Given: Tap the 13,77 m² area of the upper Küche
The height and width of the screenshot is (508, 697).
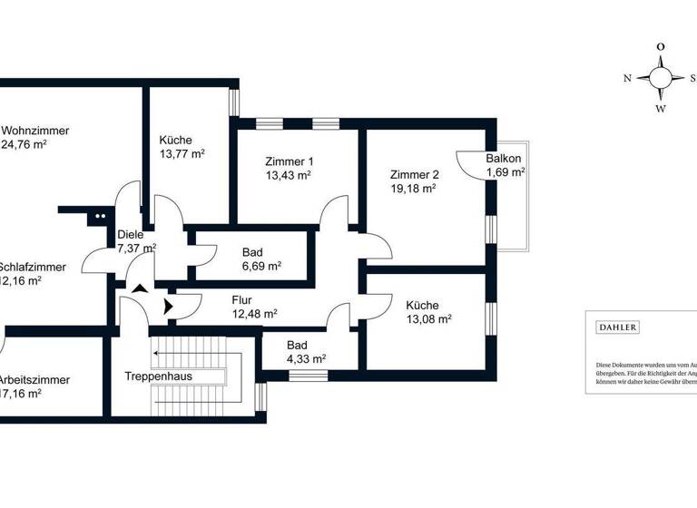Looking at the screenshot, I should (x=182, y=155).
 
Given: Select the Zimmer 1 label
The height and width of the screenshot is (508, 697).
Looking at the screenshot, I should (x=289, y=161).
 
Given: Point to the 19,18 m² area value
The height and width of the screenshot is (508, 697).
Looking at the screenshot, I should (x=413, y=189).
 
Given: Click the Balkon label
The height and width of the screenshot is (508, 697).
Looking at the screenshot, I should (x=504, y=159).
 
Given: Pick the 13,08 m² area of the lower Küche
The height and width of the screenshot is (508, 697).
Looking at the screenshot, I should (x=428, y=319).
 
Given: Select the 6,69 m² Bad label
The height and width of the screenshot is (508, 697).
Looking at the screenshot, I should (x=261, y=266).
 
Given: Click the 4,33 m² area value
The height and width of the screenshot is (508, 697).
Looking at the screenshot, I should (x=306, y=358).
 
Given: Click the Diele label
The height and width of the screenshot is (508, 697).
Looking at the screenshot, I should (x=131, y=234).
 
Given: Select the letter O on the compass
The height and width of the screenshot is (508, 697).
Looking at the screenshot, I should (x=661, y=46).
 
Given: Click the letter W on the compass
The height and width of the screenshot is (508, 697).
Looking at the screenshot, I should (x=661, y=110).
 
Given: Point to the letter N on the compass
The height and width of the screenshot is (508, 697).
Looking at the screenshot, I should (x=627, y=78).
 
